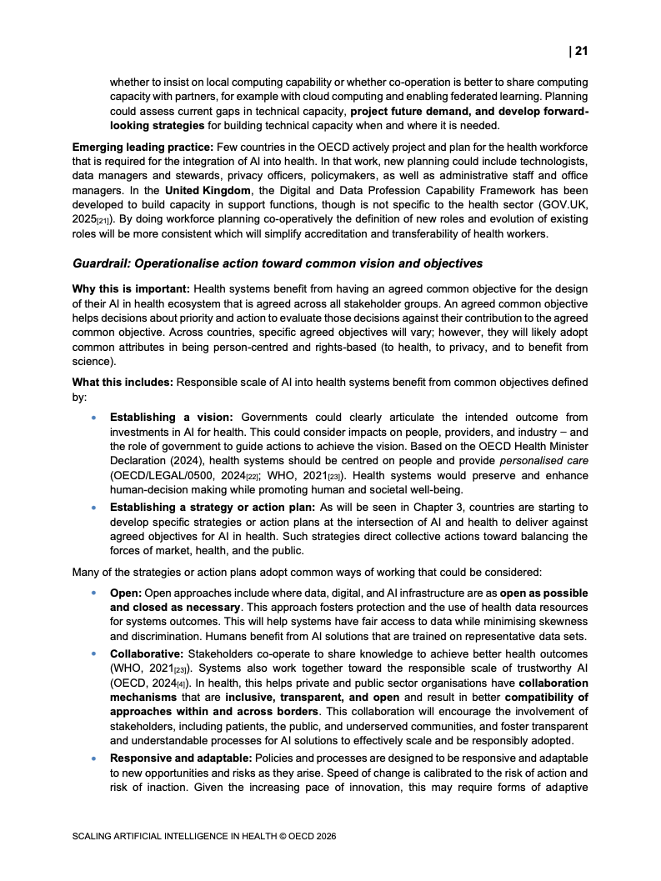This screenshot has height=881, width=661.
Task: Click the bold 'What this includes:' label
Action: click(122, 382)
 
